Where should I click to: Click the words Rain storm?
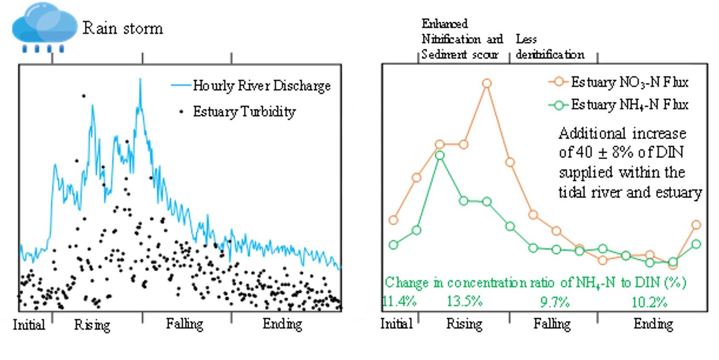(123, 29)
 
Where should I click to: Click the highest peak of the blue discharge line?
(140, 80)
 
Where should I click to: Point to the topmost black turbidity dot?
(84, 96)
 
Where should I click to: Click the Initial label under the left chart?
(29, 325)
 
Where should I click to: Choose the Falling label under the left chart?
(184, 324)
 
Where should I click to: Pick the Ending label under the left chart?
(282, 324)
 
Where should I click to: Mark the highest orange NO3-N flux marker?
(487, 84)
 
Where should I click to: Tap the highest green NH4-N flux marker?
(440, 156)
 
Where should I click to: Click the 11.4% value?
(400, 302)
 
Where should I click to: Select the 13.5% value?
(464, 302)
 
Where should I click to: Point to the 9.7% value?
(555, 302)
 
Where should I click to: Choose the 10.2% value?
(649, 302)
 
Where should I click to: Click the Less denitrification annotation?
(549, 47)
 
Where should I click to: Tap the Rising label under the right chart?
(464, 324)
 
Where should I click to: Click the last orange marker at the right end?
(696, 225)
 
